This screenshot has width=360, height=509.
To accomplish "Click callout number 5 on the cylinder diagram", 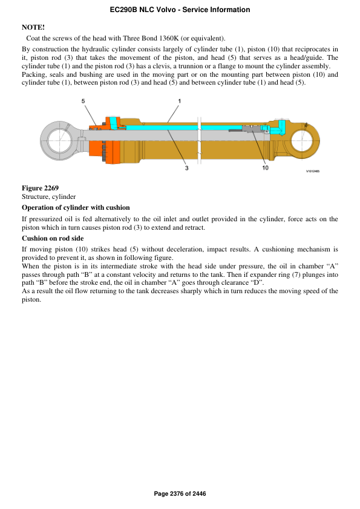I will pyautogui.click(x=83, y=100).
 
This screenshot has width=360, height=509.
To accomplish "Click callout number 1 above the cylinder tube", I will pyautogui.click(x=179, y=100).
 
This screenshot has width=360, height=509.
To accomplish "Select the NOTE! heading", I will pyautogui.click(x=33, y=28).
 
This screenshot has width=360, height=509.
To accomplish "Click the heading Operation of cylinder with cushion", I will pyautogui.click(x=76, y=207).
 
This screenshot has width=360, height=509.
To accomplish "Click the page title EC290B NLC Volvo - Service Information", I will pyautogui.click(x=180, y=10).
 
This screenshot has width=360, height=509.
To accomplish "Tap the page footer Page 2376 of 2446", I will pyautogui.click(x=180, y=494).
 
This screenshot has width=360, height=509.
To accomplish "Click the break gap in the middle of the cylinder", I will pyautogui.click(x=198, y=139).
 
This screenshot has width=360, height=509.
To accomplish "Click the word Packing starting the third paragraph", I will pyautogui.click(x=34, y=74).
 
